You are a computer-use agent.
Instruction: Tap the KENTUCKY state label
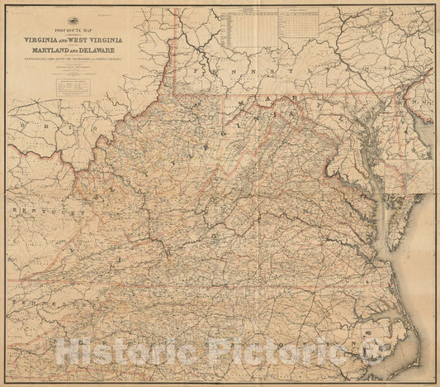coord(58,212)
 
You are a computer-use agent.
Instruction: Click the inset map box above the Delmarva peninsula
coord(409,176)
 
